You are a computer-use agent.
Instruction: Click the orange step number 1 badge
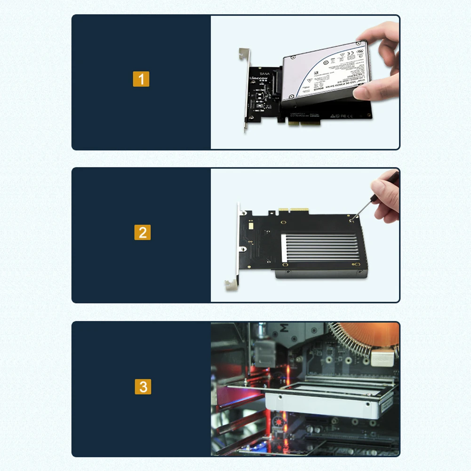tap(141, 79)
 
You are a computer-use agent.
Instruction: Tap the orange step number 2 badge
tap(143, 232)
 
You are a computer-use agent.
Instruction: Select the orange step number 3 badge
tap(143, 387)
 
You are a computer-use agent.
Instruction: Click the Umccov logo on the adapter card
tap(258, 78)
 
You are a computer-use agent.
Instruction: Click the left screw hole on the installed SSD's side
tap(281, 398)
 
